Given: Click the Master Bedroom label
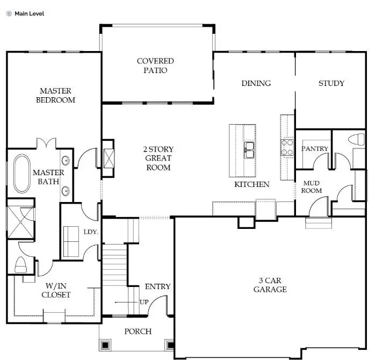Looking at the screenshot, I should click(x=55, y=96).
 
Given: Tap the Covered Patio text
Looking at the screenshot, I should click(x=155, y=66).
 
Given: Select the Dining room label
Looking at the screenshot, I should click(x=256, y=83).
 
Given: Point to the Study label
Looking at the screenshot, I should click(x=331, y=83).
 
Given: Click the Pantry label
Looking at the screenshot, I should click(x=314, y=148).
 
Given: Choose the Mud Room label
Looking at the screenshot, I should click(x=311, y=186).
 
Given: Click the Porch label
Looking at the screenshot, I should click(x=138, y=332).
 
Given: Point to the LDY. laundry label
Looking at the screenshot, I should click(x=90, y=232).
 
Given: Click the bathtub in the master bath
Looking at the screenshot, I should click(x=22, y=174).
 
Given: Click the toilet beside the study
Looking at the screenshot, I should click(x=356, y=140).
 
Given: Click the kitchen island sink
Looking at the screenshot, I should click(x=249, y=150).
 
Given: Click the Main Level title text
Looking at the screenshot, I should click(x=29, y=13).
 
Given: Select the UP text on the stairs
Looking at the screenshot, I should click(x=144, y=302).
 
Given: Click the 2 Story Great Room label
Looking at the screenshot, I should click(x=158, y=158).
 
